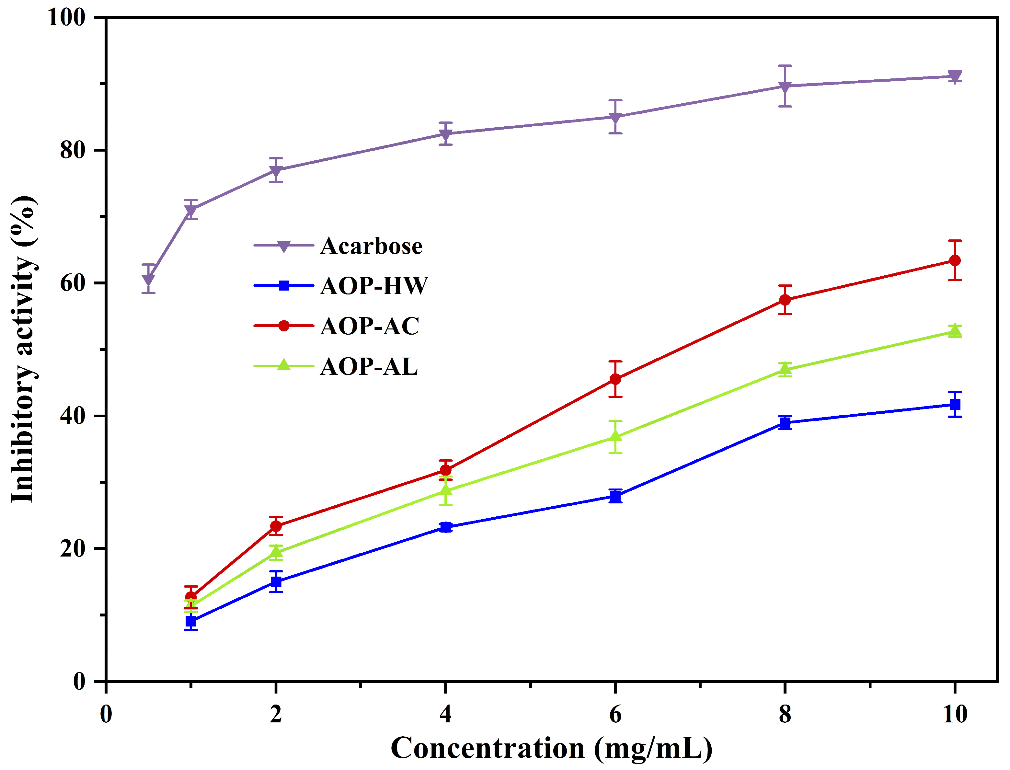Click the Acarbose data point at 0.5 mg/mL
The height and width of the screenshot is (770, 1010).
(x=148, y=279)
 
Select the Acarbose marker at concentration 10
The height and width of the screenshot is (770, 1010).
(x=955, y=76)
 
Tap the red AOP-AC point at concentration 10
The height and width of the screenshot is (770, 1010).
(x=955, y=260)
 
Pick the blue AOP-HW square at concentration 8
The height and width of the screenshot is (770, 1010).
(x=785, y=423)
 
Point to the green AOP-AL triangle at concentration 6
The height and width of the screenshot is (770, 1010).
(x=615, y=436)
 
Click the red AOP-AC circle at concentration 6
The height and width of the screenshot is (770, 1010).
(x=615, y=379)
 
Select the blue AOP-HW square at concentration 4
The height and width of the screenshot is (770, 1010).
(x=445, y=527)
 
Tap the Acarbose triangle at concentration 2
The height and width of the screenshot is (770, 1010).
(x=276, y=170)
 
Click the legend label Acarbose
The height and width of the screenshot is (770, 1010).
(x=371, y=246)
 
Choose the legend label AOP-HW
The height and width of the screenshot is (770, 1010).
(x=374, y=286)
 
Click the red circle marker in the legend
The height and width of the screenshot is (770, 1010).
(x=284, y=326)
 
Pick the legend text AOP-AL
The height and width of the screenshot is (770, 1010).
(x=369, y=366)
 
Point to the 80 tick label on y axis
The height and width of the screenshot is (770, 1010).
(x=73, y=150)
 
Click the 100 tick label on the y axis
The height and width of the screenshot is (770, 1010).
(x=66, y=18)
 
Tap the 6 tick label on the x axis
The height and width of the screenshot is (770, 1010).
(x=615, y=714)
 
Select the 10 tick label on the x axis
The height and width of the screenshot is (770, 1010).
(x=955, y=714)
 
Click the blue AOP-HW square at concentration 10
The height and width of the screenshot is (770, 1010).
(x=955, y=404)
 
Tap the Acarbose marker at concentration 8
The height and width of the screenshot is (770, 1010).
(x=785, y=86)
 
